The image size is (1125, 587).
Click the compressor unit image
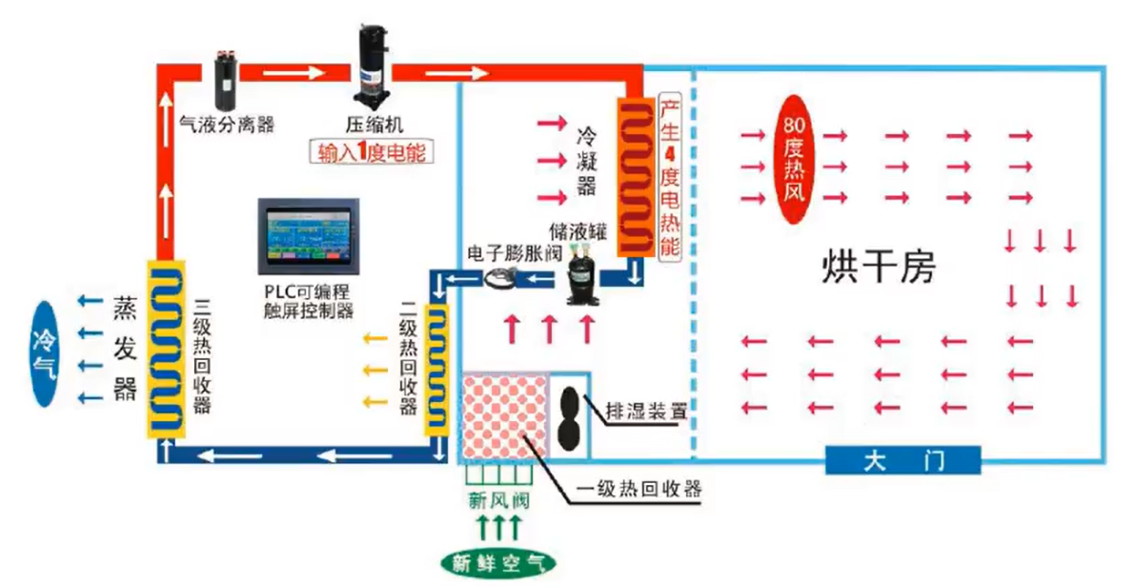(x=373, y=65)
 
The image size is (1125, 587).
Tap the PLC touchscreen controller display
(x=309, y=236)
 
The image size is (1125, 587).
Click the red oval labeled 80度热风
(x=793, y=160)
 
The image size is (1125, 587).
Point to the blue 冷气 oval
(x=45, y=354)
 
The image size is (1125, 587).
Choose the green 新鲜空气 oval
(x=497, y=564)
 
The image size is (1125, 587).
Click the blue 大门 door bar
(x=903, y=460)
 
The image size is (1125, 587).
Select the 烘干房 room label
(x=878, y=267)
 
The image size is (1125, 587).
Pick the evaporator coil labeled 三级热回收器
(x=166, y=349)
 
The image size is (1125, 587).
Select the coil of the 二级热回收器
(x=436, y=370)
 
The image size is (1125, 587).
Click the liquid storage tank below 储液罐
(x=582, y=276)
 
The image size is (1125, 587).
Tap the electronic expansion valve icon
(x=500, y=277)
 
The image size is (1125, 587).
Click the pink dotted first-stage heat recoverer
(x=505, y=417)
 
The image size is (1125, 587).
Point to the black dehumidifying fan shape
(x=570, y=418)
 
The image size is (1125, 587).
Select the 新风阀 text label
(x=498, y=501)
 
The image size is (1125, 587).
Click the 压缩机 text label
(x=374, y=125)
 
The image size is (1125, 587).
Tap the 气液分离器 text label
(x=227, y=124)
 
